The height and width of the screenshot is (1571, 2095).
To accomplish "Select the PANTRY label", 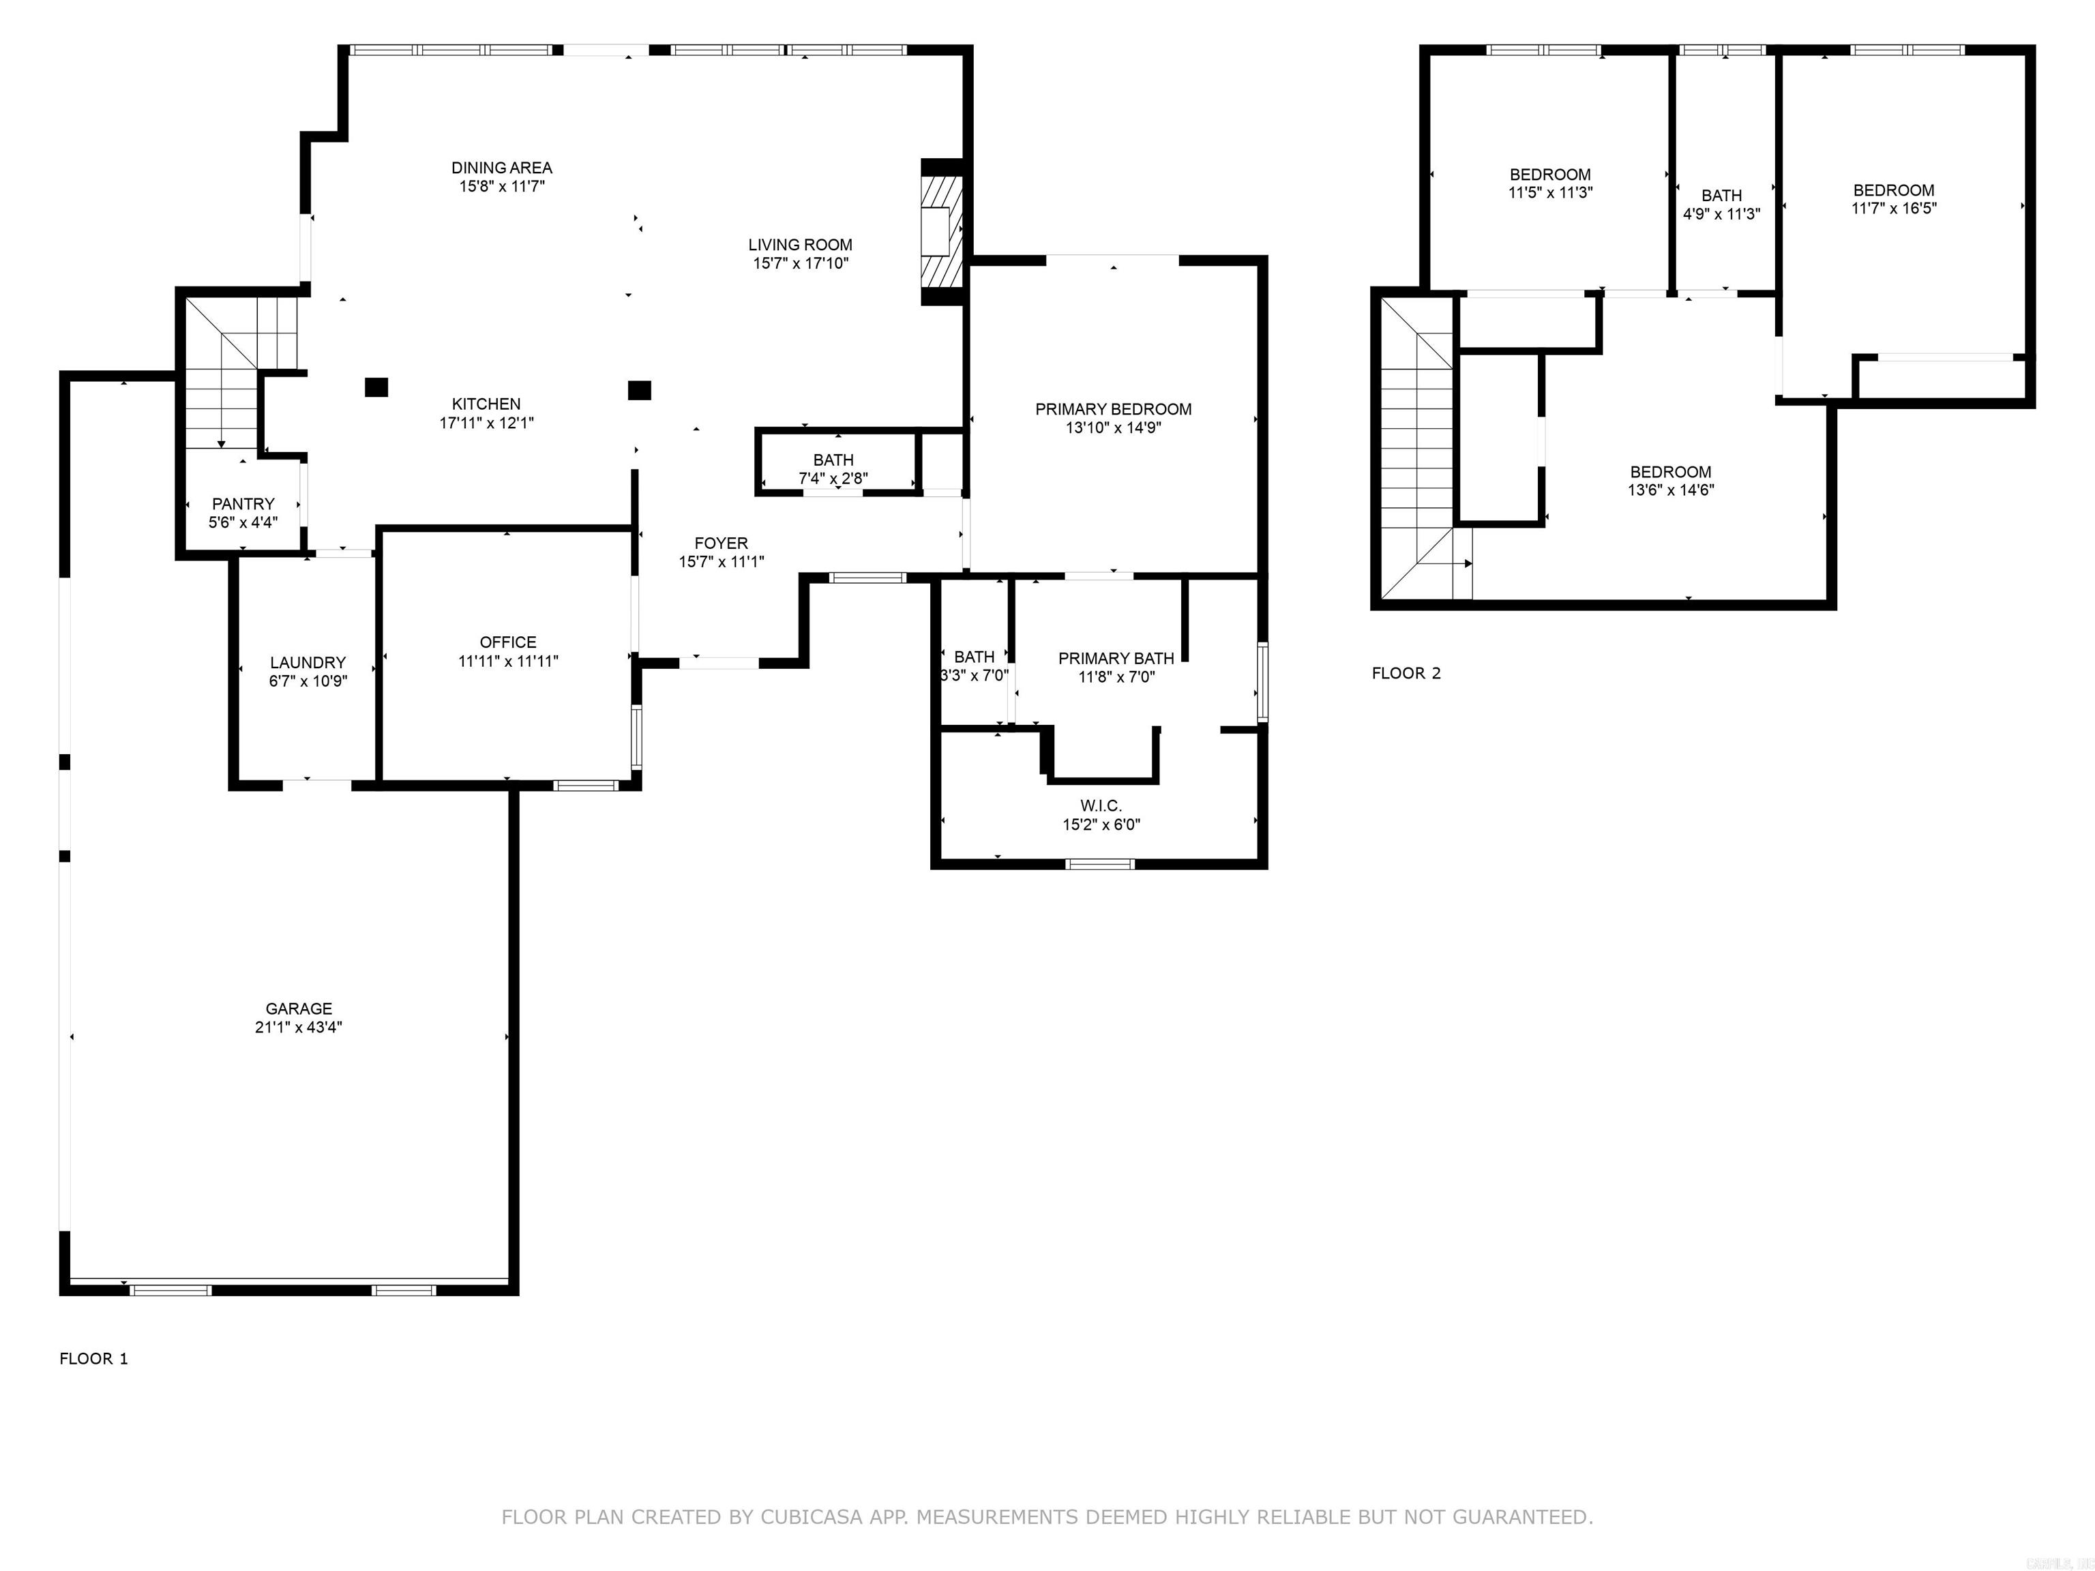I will coord(243,504).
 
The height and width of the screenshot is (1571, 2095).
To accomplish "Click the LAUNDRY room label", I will coord(308,662).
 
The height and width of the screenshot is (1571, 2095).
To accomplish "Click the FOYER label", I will coord(721,543).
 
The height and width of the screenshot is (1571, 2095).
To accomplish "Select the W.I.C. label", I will coord(1101,806).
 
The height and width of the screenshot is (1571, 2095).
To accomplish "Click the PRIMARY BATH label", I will coord(1116,658).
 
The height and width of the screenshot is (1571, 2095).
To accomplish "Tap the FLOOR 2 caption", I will coord(1406,673).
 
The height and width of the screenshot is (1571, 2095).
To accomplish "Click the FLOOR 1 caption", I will coord(93,1359).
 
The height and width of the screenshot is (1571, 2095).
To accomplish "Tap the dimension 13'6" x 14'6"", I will coord(1671,490).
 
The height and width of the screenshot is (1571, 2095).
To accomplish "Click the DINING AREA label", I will coord(501,168).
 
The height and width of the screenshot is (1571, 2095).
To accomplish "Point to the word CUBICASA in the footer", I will coord(812,1517).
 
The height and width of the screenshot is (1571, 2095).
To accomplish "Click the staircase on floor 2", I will coord(1416,445).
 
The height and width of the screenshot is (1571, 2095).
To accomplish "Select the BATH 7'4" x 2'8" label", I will coord(833,460).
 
